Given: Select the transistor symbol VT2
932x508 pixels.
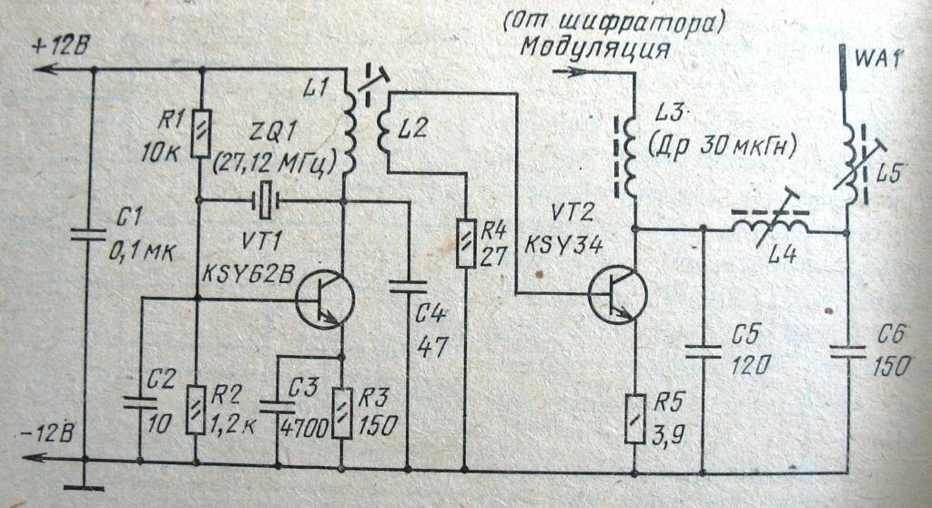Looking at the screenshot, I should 617,294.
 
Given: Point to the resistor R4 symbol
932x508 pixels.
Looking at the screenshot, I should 465,243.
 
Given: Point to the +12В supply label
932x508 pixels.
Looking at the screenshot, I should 59,46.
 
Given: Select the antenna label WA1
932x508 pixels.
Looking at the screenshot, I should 877,61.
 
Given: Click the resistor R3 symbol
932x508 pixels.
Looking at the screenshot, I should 341,411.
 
